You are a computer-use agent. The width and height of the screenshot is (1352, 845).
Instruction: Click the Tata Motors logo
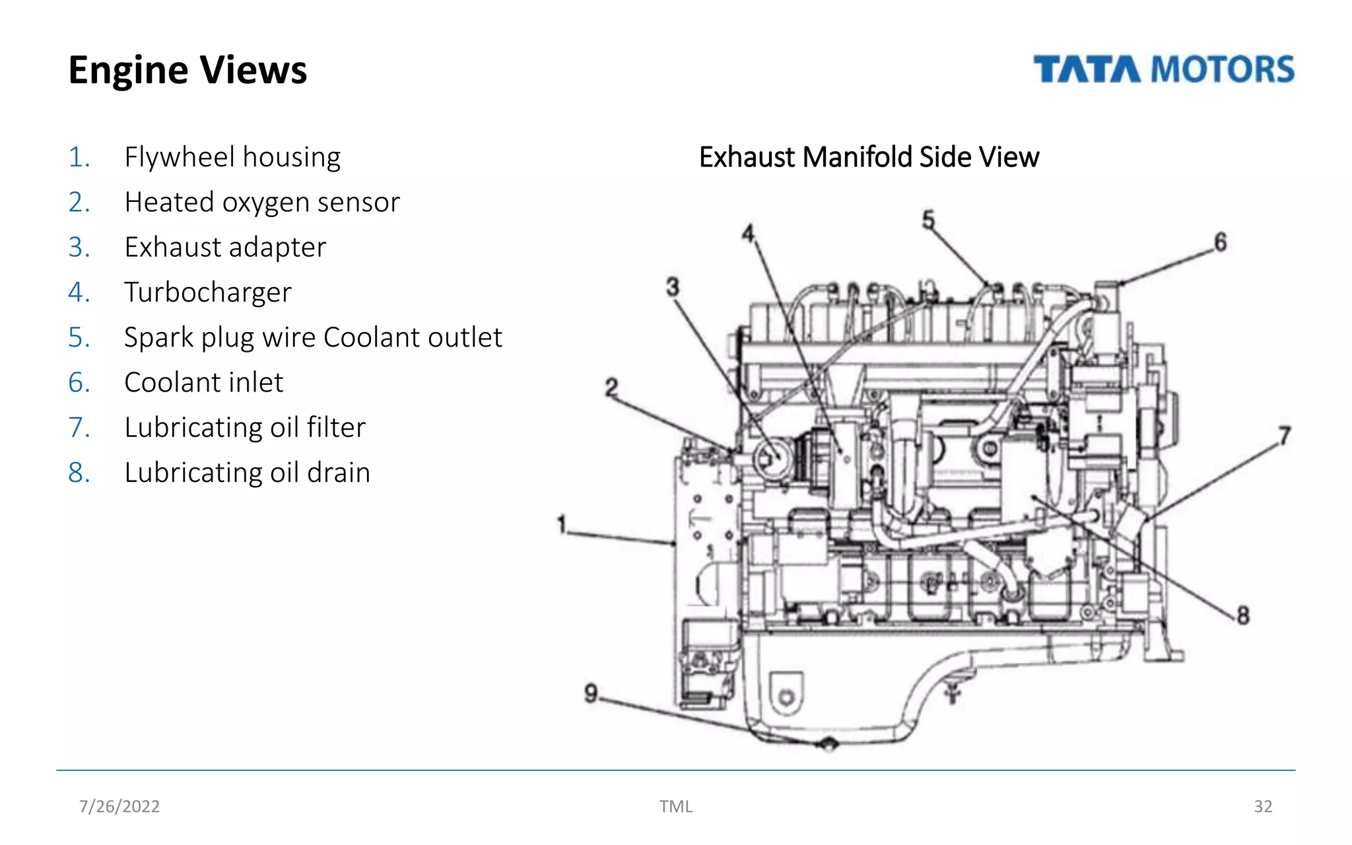(x=1163, y=69)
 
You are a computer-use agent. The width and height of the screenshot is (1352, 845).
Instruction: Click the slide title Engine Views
(x=187, y=70)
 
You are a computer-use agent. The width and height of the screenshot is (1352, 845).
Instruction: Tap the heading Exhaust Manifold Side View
(x=869, y=157)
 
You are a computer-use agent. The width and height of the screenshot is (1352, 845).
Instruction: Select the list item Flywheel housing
(x=232, y=157)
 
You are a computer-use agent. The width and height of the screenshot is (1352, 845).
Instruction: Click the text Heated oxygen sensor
(x=262, y=202)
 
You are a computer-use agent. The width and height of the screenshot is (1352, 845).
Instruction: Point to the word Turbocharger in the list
(x=208, y=292)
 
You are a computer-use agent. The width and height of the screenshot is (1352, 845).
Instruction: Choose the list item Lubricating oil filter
(x=245, y=428)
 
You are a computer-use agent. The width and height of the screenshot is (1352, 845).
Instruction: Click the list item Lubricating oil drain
(x=247, y=473)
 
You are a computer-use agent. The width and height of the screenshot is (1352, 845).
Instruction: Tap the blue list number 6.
(x=79, y=383)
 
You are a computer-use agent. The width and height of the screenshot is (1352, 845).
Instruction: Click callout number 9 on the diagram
(x=591, y=693)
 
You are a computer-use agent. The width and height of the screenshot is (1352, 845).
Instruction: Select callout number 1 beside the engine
(x=562, y=525)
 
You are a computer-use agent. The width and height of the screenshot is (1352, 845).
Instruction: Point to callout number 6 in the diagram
(x=1220, y=242)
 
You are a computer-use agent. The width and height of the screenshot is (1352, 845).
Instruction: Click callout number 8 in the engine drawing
(x=1243, y=615)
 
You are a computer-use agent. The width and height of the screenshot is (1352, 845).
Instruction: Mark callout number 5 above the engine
(x=928, y=219)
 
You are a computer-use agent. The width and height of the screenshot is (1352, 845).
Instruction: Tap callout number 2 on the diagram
(x=611, y=387)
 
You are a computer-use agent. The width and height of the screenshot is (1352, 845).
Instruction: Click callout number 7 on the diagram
(x=1284, y=436)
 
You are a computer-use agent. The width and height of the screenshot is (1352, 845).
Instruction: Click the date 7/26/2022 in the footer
(x=119, y=806)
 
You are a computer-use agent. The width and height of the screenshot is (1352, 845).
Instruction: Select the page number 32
(x=1262, y=806)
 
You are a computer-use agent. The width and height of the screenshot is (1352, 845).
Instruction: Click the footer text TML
(x=675, y=806)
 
